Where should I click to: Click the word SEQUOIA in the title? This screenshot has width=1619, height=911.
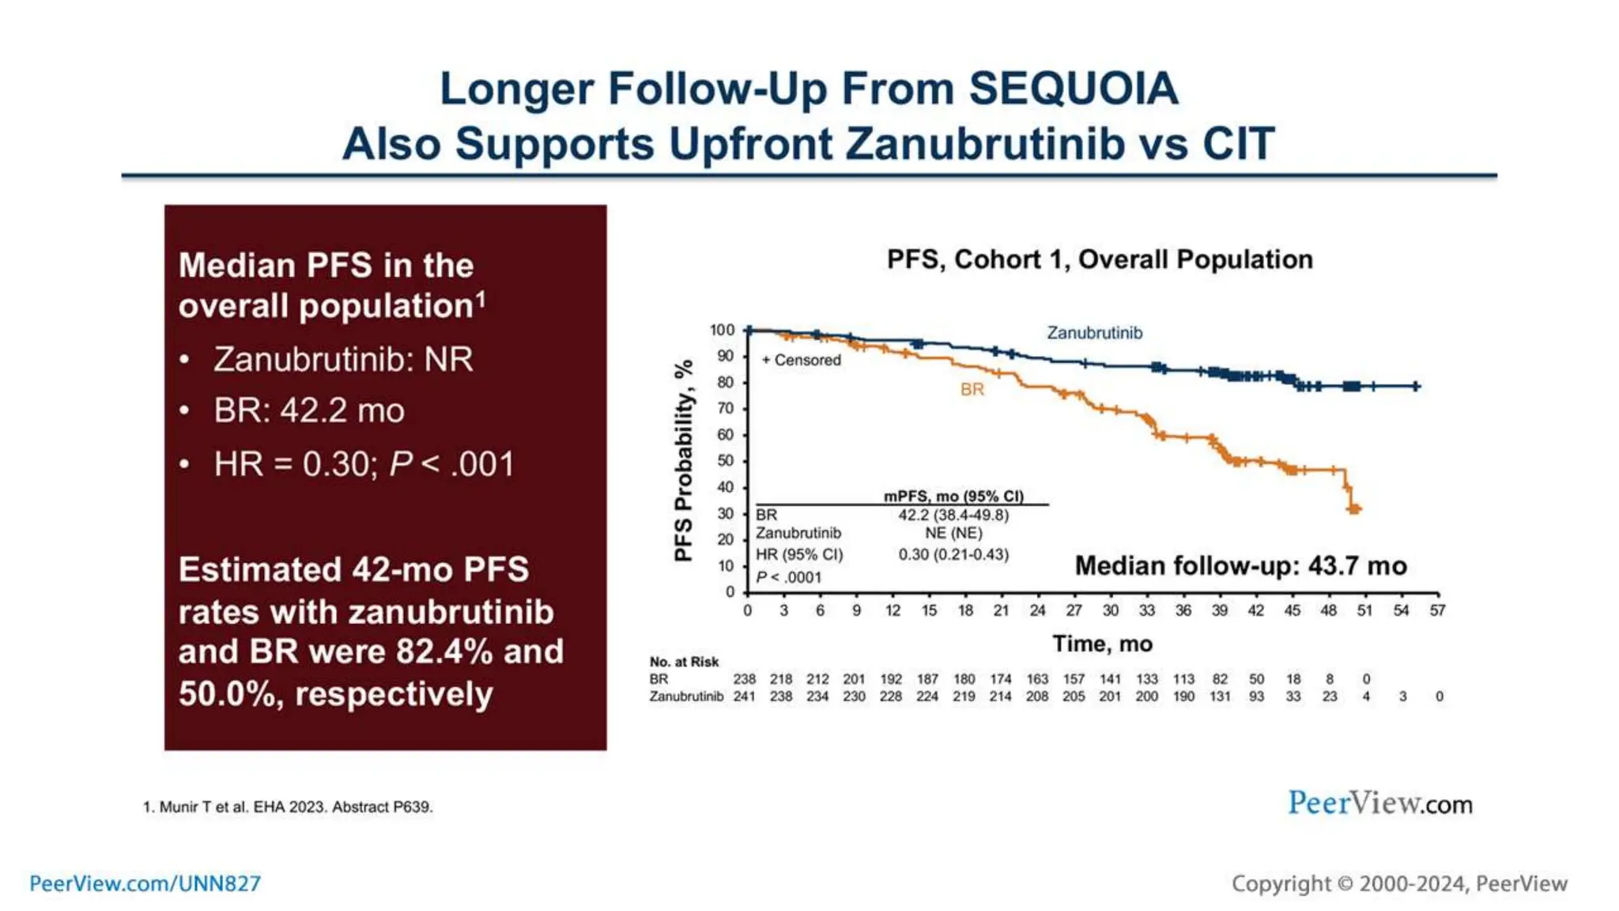click(x=1073, y=88)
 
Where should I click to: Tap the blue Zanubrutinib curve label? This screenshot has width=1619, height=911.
click(x=1094, y=333)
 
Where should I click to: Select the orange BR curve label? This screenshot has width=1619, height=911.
click(x=972, y=389)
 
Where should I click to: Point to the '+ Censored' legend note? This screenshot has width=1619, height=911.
click(x=801, y=360)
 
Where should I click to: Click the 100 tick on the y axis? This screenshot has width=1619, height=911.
click(x=722, y=330)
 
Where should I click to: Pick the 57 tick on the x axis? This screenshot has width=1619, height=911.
click(x=1437, y=610)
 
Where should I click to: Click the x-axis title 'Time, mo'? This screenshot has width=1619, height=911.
click(x=1102, y=644)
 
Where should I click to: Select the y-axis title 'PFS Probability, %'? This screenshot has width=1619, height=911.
click(x=684, y=460)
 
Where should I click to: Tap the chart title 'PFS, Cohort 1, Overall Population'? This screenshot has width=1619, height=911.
click(x=1099, y=259)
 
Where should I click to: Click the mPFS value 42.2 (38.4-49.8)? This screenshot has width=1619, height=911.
click(x=953, y=515)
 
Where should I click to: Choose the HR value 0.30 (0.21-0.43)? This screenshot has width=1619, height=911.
click(x=953, y=554)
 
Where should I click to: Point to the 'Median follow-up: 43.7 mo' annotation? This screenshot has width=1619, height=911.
click(x=1240, y=566)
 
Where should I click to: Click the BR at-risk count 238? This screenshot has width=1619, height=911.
click(x=744, y=679)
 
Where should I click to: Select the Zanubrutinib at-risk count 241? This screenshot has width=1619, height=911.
click(x=744, y=697)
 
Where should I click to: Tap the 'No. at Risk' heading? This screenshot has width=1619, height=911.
click(x=684, y=662)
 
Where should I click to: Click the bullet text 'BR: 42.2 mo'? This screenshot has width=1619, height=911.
click(x=308, y=410)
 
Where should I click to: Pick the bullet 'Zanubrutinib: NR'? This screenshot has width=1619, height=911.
click(x=343, y=359)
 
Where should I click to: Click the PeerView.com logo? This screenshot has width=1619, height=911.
click(x=1379, y=803)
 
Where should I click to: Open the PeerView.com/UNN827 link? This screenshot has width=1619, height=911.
click(x=145, y=883)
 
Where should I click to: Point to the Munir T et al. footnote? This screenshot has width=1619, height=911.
click(x=288, y=807)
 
